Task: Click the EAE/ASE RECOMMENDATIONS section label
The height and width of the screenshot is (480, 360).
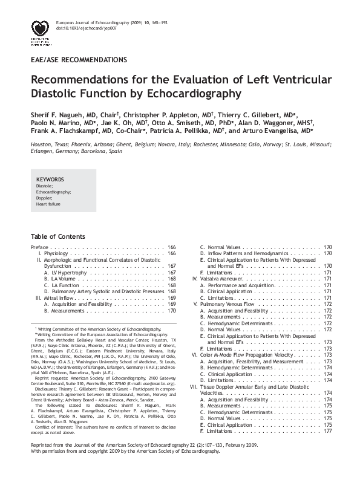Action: (78, 60)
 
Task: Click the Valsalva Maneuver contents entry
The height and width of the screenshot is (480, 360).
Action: (223, 279)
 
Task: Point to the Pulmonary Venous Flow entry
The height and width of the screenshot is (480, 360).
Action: (232, 304)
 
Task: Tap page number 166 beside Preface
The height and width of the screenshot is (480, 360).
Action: (171, 247)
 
